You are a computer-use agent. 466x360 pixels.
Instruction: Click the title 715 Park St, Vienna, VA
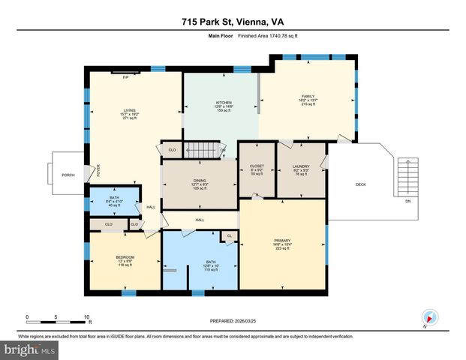pyautogui.click(x=233, y=22)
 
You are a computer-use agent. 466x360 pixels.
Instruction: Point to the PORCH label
pyautogui.click(x=68, y=175)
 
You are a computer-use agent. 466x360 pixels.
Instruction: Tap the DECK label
pyautogui.click(x=360, y=184)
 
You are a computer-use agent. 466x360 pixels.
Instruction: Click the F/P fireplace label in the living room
pyautogui.click(x=125, y=76)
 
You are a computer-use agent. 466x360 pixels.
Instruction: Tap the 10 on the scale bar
pyautogui.click(x=89, y=317)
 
